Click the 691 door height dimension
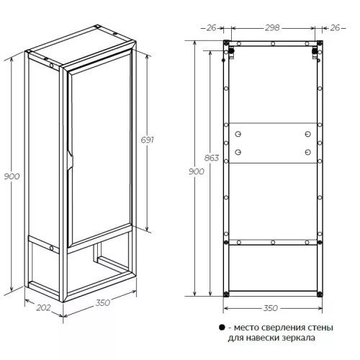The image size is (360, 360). [x=147, y=140]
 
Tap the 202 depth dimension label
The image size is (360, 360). [x=43, y=307]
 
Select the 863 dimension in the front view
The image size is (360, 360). [x=212, y=158]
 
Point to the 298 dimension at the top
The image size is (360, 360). [x=272, y=28]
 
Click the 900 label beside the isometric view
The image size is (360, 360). [x=12, y=176]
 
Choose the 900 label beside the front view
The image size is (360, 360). [x=197, y=171]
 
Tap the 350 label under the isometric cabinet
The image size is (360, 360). [x=103, y=302]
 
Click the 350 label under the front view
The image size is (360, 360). [x=271, y=308]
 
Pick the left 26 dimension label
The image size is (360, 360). [x=212, y=28]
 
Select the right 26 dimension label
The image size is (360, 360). [x=335, y=28]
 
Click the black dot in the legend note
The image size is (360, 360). [x=222, y=328]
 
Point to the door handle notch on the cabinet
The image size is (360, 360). [x=71, y=160]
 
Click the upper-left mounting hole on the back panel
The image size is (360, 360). [x=238, y=134]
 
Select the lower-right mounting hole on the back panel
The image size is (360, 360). [x=307, y=152]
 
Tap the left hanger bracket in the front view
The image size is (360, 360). [x=231, y=53]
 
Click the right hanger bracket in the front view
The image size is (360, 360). [x=315, y=53]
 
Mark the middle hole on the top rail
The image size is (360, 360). [x=273, y=44]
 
